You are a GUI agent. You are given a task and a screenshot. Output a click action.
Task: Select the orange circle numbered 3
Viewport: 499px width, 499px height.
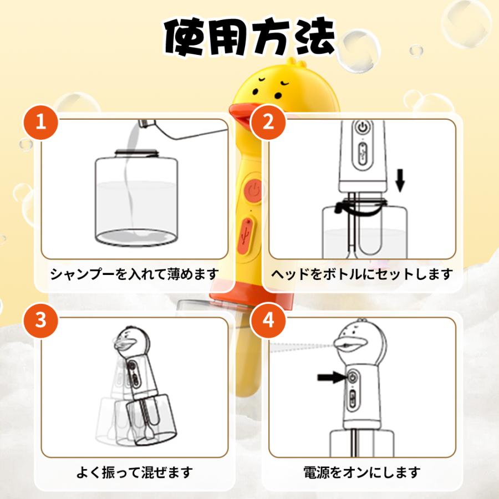tap(40, 321)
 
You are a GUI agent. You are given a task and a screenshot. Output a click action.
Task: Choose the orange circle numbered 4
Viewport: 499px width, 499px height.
tap(268, 321)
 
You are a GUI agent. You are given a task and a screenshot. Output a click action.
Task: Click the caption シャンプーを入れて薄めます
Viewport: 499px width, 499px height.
tap(135, 274)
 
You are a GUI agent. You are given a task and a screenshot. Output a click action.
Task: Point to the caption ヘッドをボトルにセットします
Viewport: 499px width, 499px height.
tap(362, 274)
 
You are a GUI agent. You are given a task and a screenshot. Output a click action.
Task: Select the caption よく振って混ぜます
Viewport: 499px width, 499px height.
tap(135, 472)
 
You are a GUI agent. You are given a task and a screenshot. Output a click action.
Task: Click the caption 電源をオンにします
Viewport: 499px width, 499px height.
tap(362, 472)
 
